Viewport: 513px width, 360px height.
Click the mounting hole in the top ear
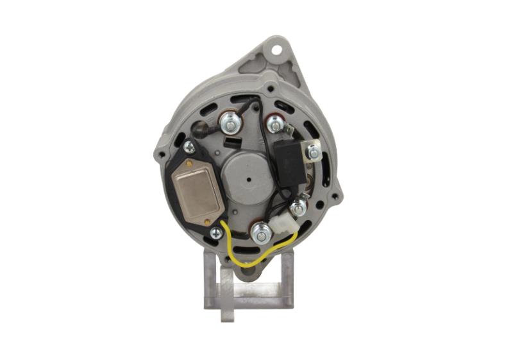[278, 48]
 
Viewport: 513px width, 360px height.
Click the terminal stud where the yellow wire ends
[260, 235]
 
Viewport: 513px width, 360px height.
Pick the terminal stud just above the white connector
[298, 208]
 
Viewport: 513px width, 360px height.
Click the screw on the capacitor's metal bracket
[313, 153]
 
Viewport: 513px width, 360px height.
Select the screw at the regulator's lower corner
[216, 234]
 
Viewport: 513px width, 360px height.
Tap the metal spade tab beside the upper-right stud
[290, 130]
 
